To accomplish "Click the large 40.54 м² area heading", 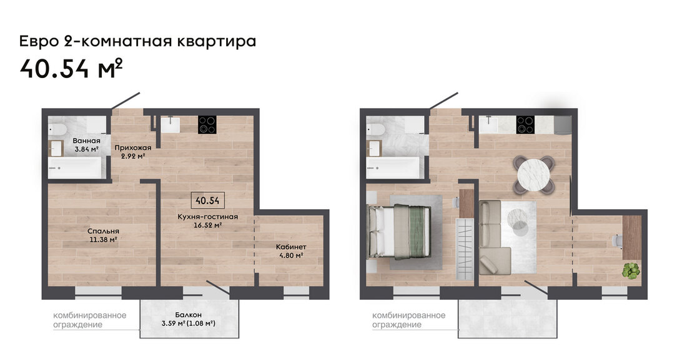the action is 71,68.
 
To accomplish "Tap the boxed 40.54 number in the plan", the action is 208,200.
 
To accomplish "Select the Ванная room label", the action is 86,140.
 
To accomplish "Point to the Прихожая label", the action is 133,147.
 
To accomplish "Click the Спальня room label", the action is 103,231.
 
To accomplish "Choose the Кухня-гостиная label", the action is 208,217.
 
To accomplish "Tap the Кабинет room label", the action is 291,247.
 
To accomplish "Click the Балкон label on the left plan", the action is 188,315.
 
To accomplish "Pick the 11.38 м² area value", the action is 103,240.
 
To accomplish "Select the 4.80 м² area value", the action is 291,255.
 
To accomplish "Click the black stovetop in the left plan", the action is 207,124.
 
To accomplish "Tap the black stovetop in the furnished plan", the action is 525,124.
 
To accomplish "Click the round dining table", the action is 533,174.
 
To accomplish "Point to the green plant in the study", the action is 631,270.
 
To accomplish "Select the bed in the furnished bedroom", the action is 399,232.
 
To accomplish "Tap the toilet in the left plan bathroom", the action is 57,129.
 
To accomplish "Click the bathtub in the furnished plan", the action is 393,168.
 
